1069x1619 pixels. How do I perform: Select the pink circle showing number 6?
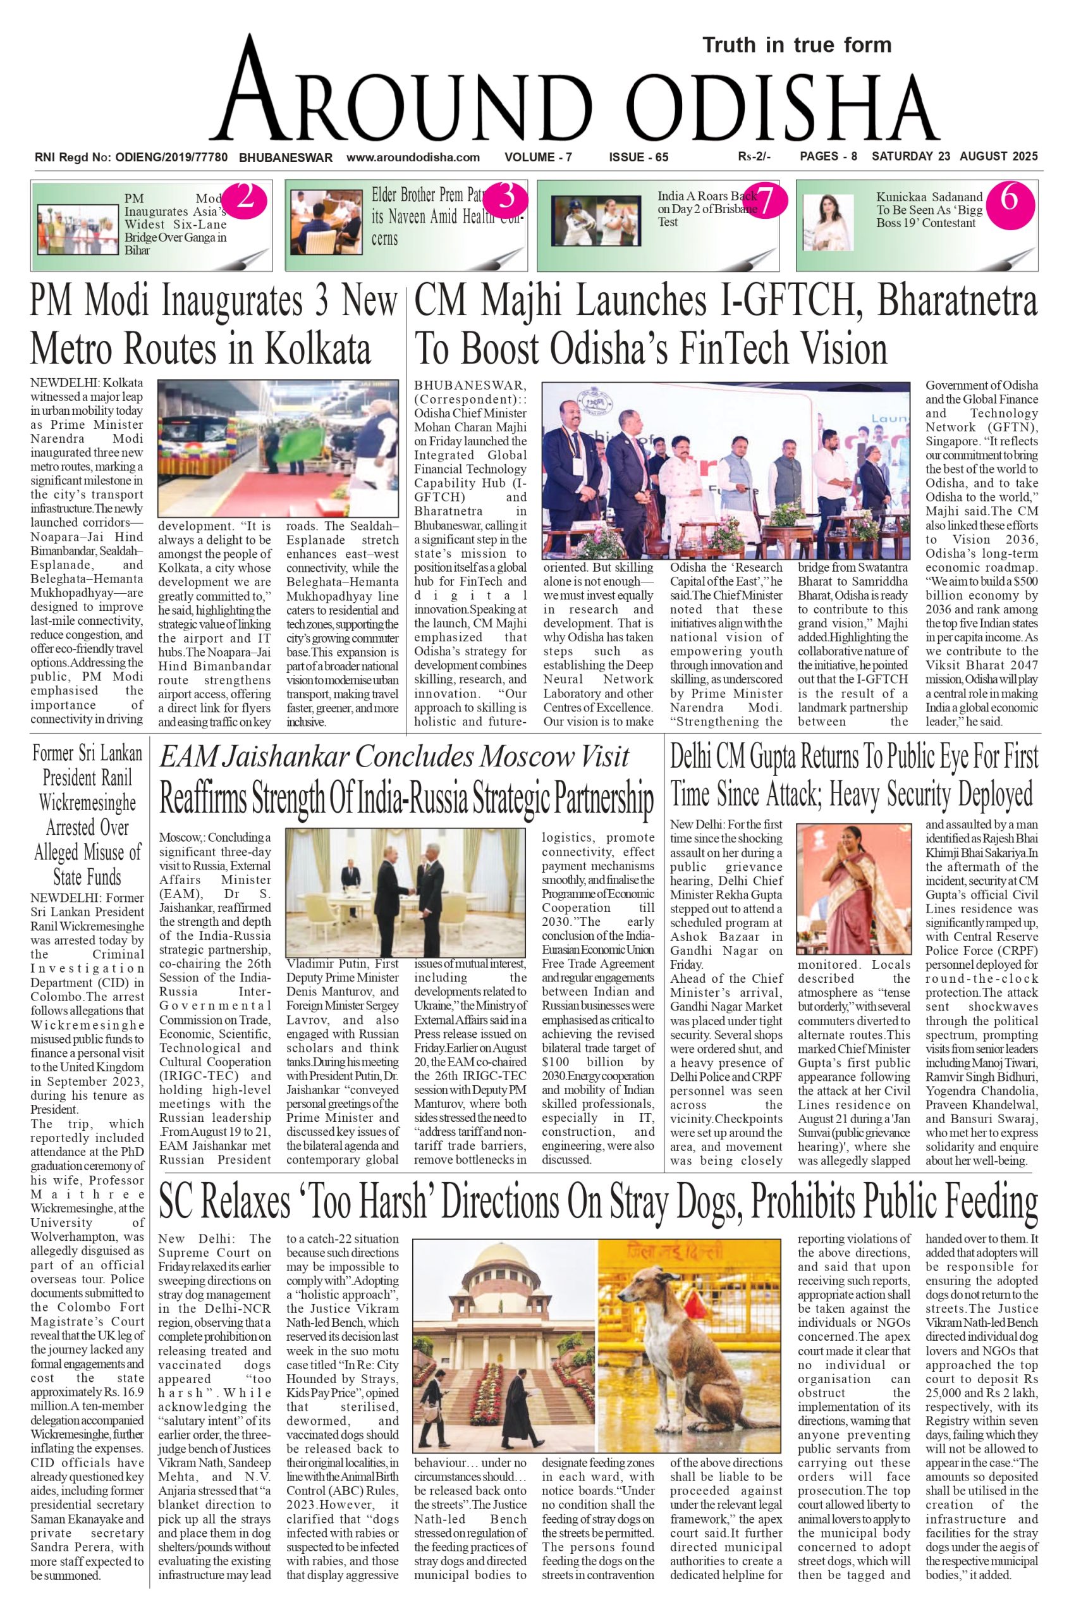(1010, 199)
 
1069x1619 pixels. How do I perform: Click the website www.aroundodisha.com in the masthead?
(413, 157)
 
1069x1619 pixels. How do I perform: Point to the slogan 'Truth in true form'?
(797, 46)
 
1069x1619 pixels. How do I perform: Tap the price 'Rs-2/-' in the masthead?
(754, 157)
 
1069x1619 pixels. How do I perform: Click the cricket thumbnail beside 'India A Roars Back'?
(596, 220)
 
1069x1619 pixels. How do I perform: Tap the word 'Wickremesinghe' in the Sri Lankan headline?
(87, 803)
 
